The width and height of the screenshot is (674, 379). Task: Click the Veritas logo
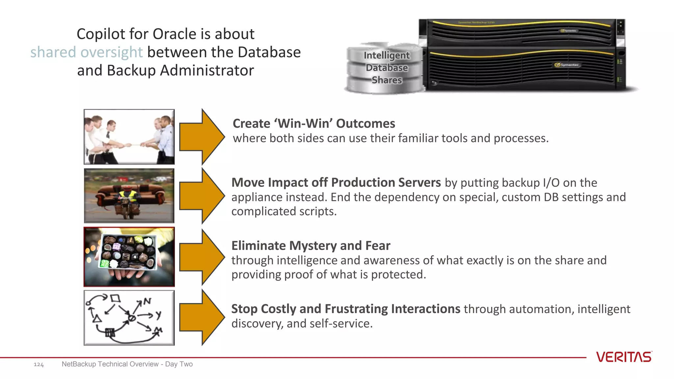click(x=624, y=357)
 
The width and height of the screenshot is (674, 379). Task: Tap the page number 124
click(x=39, y=364)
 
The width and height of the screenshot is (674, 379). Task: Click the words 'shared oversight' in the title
click(x=87, y=52)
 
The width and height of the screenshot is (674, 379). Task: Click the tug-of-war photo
click(x=129, y=137)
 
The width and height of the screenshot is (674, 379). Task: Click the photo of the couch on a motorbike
click(x=129, y=196)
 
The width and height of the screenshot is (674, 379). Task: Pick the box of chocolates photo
click(x=129, y=257)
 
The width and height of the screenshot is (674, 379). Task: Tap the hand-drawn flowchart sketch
click(x=129, y=318)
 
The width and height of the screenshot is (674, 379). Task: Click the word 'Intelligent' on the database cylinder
click(x=387, y=55)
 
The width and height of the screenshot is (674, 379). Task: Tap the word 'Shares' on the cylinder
click(x=387, y=80)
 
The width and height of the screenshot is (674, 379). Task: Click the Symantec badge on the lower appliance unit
click(x=567, y=65)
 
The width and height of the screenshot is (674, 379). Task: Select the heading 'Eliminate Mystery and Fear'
click(x=311, y=246)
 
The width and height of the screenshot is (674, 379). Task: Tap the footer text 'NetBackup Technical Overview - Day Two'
click(x=127, y=364)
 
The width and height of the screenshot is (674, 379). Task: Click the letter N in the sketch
click(x=147, y=301)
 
